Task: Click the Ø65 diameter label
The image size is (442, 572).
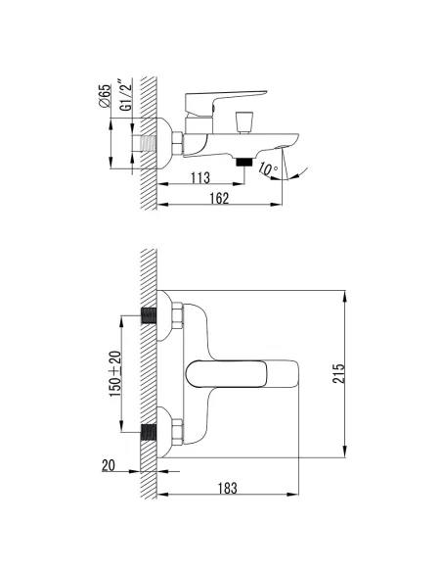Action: click(x=104, y=96)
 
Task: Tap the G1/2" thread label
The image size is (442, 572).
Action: click(x=125, y=94)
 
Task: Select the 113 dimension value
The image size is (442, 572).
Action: click(x=200, y=177)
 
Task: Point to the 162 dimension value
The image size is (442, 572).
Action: click(x=220, y=198)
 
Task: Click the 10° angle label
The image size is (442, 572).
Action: click(x=268, y=169)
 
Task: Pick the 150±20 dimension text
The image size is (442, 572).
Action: click(x=115, y=374)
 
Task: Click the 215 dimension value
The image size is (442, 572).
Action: click(x=338, y=373)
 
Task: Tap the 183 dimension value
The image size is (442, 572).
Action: click(x=227, y=488)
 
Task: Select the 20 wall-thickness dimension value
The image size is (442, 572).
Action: click(x=109, y=465)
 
